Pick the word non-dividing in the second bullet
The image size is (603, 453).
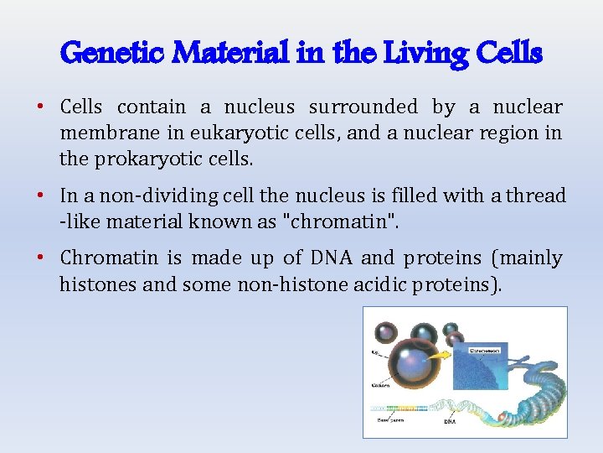pos(147,196)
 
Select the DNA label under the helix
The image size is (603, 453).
pos(450,423)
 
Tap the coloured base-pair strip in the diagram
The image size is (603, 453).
pos(394,410)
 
